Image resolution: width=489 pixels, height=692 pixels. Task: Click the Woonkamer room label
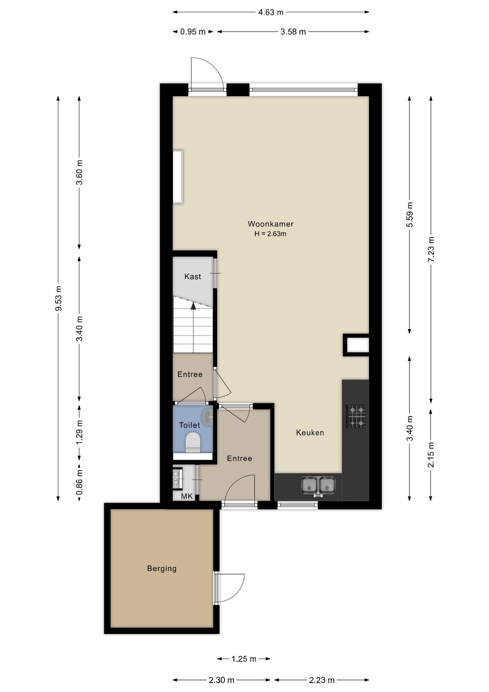270,224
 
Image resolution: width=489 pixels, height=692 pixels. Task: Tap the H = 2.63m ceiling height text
270,234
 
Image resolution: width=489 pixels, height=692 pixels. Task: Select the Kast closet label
193,276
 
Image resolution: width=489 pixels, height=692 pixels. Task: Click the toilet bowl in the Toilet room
193,443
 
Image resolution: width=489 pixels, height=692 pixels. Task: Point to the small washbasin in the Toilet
208,417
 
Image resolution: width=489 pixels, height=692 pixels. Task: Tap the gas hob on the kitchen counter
356,416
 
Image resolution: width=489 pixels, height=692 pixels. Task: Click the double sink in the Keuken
318,485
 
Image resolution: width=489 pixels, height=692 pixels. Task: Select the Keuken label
310,432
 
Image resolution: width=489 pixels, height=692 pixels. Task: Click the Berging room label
162,568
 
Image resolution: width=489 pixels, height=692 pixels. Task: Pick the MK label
187,496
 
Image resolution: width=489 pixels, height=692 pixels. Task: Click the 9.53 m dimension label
58,298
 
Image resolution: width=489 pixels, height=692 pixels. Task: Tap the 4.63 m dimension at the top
271,12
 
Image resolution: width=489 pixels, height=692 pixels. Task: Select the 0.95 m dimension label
193,32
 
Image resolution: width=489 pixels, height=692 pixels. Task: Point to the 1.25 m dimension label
244,659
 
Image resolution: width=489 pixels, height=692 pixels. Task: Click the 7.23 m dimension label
431,249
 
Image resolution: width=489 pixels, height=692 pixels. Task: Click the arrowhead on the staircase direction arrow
193,306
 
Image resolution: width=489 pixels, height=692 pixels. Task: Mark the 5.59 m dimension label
410,214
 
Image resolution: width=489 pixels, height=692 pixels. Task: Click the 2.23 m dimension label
322,680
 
